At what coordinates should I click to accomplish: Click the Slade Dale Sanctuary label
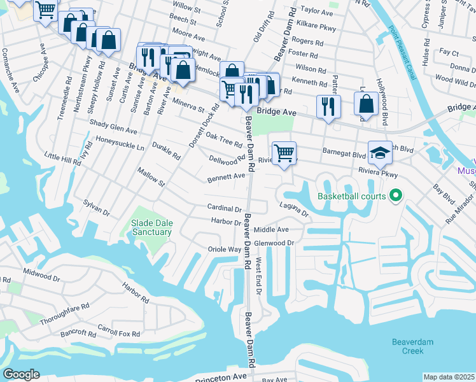pos(151,227)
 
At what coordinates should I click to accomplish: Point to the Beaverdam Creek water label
pos(412,346)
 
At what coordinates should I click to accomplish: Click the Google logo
pos(21,374)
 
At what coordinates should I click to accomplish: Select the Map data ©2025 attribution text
pos(449,377)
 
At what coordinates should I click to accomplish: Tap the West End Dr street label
pos(258,276)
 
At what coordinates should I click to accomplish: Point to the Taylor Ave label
pos(317,11)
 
